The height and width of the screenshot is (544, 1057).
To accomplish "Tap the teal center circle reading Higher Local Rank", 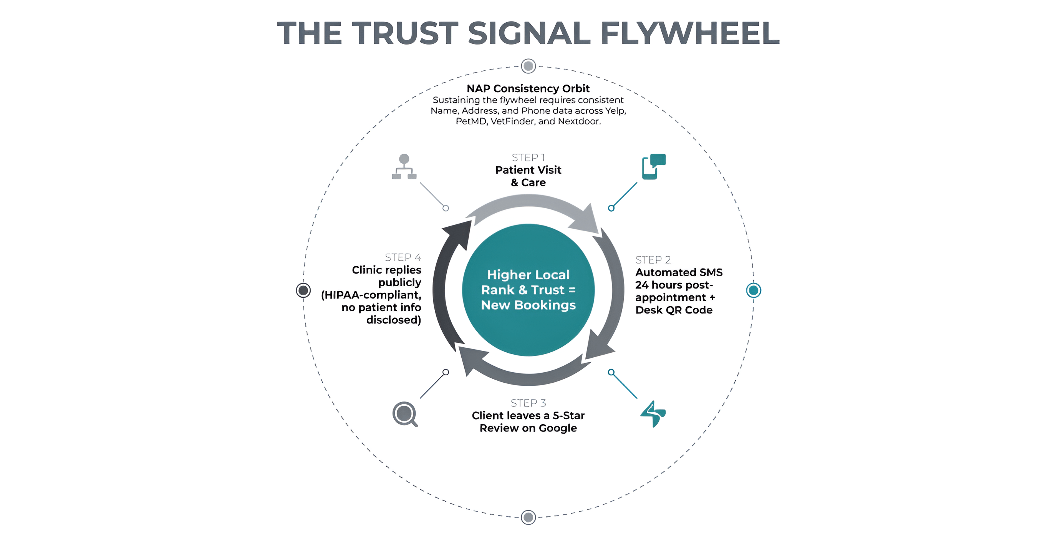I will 528,290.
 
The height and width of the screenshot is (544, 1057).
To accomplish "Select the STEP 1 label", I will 528,158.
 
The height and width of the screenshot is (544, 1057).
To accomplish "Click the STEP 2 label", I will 653,260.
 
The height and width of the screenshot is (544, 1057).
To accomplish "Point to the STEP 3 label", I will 528,403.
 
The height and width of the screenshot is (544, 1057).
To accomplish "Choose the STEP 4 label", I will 403,257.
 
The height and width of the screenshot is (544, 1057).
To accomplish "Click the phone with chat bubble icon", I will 654,167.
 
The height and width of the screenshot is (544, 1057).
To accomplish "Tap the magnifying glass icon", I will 404,414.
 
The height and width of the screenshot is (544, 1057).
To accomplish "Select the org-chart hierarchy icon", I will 404,167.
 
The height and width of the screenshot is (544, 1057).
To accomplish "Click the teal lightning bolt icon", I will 653,414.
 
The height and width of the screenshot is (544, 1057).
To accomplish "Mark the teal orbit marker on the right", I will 753,290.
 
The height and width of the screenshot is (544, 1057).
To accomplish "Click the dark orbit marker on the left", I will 303,290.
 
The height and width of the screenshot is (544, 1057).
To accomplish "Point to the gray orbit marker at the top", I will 528,66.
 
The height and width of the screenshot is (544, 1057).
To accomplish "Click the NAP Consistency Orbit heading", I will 528,88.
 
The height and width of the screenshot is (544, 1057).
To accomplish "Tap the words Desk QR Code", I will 674,310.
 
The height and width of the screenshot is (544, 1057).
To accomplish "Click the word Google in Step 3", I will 558,428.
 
